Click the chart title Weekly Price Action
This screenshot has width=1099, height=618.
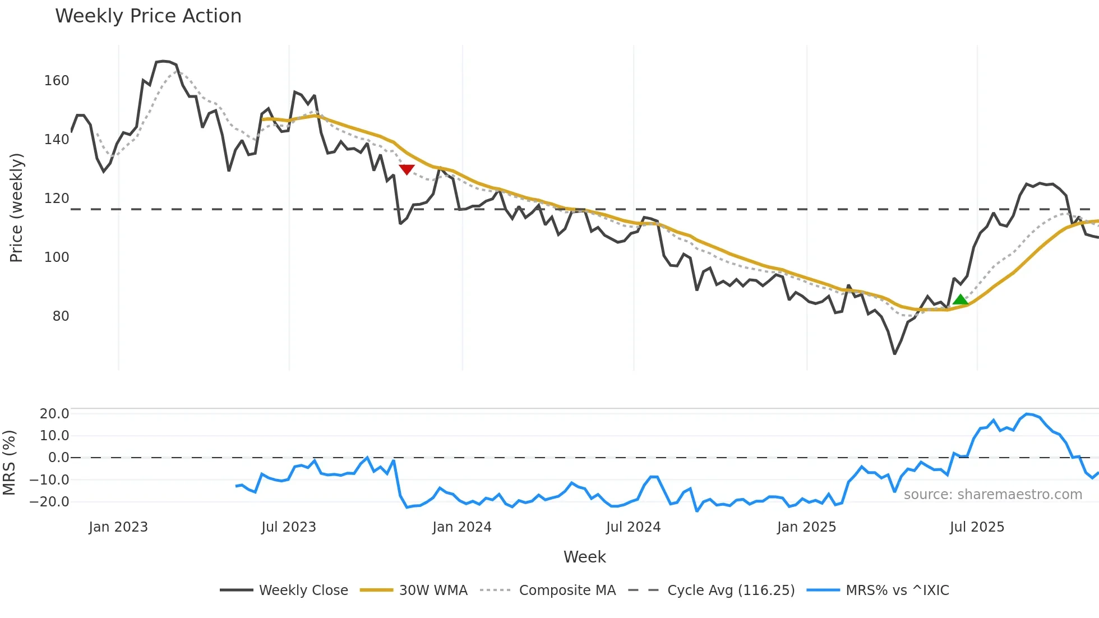coord(148,16)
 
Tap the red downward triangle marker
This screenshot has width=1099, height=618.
coord(407,169)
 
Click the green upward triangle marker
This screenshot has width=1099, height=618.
coord(961,299)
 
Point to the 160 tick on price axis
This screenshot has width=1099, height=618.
coord(57,81)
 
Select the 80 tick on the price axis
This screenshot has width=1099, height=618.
coord(61,316)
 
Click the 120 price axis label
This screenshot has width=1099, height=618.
coord(57,199)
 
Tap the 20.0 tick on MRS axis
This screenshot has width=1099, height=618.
coord(54,414)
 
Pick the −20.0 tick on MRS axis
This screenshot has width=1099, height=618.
coord(50,502)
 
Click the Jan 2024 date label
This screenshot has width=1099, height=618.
coord(461,527)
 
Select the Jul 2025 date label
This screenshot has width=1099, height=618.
coord(977,527)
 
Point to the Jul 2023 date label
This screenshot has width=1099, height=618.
coord(289,527)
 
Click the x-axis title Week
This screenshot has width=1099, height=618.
coord(584,557)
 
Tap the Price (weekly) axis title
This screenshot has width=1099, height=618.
coord(16,207)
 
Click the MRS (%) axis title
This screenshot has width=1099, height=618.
coord(9,463)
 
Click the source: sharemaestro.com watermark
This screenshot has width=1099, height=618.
coord(992,495)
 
